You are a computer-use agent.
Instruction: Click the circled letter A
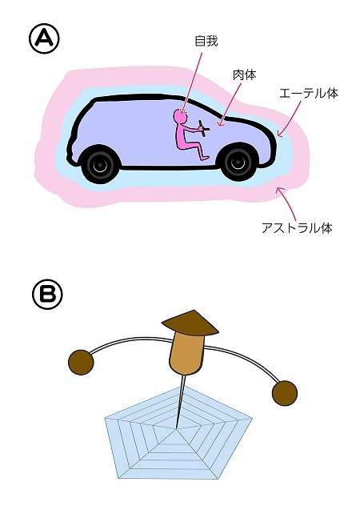(44, 39)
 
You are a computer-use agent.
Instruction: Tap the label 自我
(206, 42)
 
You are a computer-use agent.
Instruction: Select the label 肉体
(244, 74)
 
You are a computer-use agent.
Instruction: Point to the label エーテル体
(309, 94)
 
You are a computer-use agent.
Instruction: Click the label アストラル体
(297, 228)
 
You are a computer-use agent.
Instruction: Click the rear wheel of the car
(99, 165)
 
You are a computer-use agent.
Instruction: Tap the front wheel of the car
(239, 163)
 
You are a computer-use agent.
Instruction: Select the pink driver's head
(180, 115)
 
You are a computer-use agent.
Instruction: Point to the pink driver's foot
(204, 158)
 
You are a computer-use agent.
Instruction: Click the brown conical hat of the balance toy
(190, 323)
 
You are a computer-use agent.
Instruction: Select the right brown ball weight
(284, 393)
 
